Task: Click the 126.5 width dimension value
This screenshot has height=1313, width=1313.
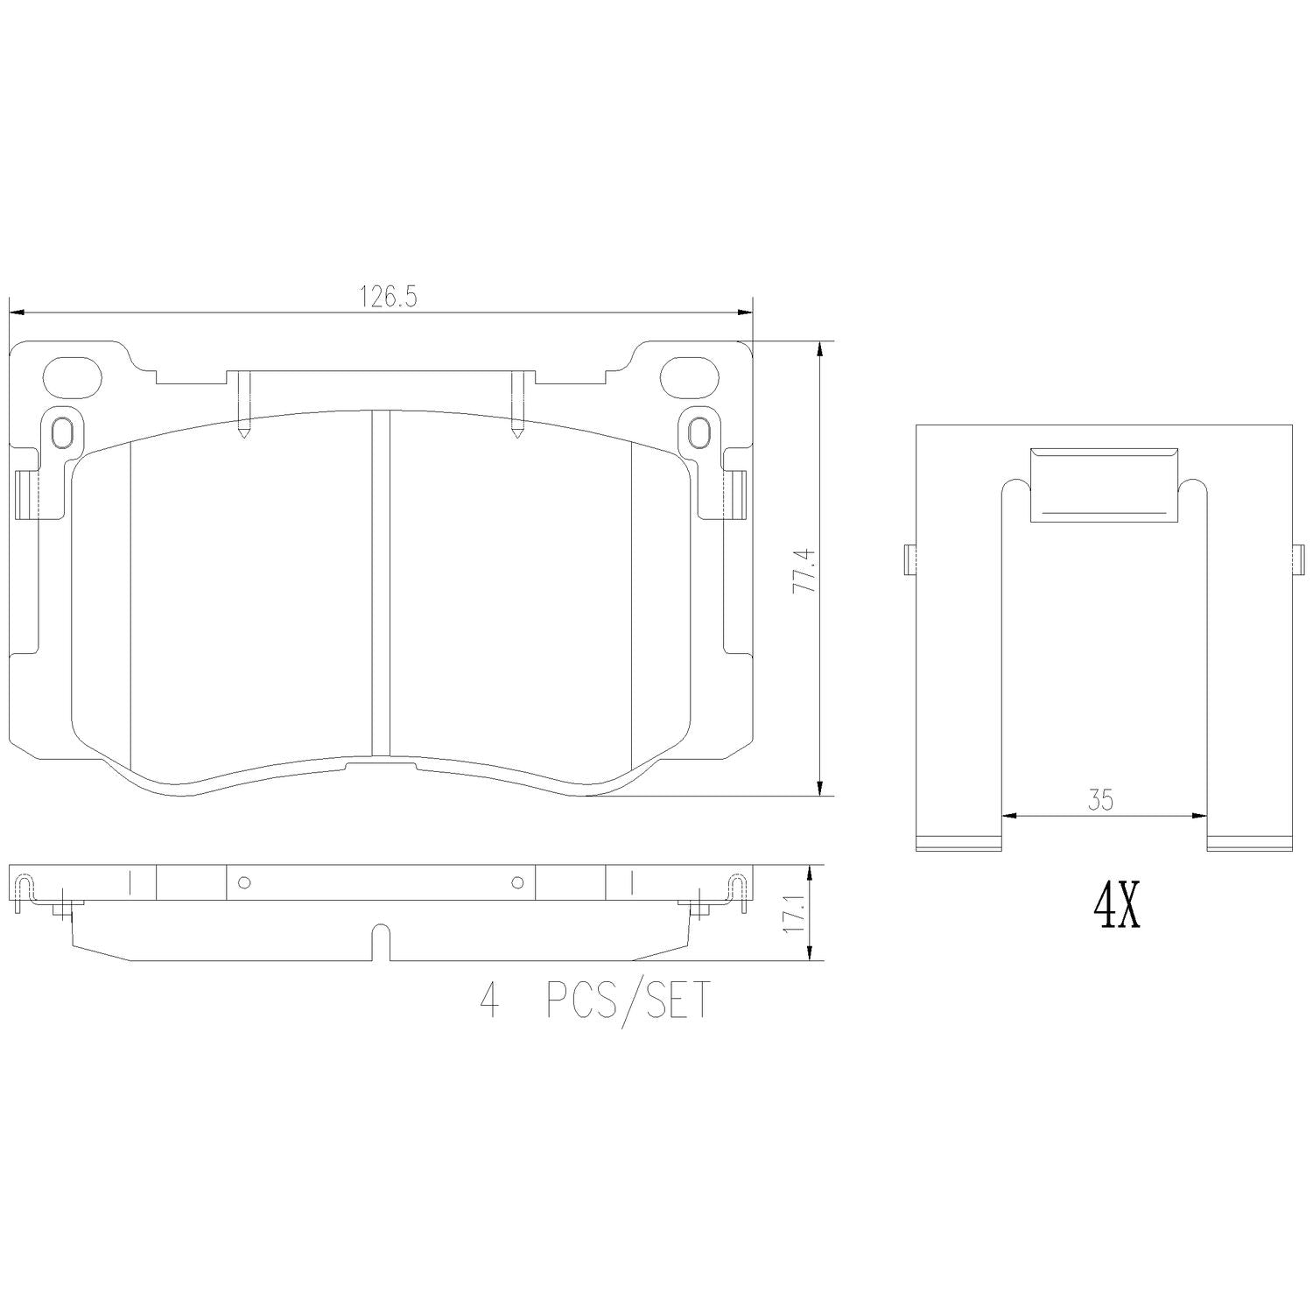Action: pos(387,297)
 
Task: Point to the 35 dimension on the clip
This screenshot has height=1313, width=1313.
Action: pos(1100,800)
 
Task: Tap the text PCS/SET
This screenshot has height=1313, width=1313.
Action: pos(628,1001)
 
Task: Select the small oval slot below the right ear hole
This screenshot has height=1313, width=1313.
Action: pos(698,432)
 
